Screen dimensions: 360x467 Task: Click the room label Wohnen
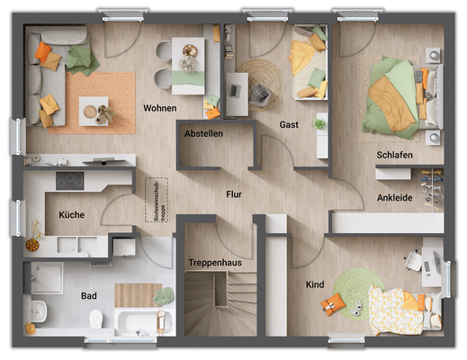tap(159, 108)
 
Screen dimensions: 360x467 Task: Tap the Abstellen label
tap(203, 133)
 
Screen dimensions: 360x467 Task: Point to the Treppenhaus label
tap(215, 262)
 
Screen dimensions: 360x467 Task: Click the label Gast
tap(289, 124)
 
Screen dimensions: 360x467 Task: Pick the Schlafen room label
tap(395, 156)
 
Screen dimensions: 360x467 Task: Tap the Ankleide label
tap(395, 197)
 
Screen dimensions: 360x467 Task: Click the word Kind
tap(315, 284)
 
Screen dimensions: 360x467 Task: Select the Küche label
tap(72, 215)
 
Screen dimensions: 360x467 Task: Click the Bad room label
tap(88, 294)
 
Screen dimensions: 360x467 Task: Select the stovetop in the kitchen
tap(70, 181)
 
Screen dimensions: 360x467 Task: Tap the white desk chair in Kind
tap(414, 260)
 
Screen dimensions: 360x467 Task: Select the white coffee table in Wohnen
tap(94, 109)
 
